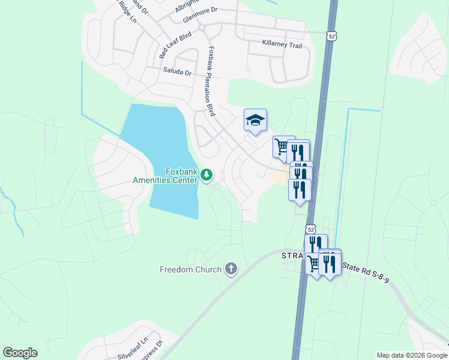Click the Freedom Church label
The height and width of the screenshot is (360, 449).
tap(191, 269)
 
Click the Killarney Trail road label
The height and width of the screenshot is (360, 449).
tap(282, 44)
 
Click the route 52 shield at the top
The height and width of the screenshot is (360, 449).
tap(331, 36)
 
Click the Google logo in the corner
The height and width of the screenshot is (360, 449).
tap(20, 353)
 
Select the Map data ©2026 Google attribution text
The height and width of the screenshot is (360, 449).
tap(411, 355)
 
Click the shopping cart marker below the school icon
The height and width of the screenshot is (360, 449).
tap(282, 146)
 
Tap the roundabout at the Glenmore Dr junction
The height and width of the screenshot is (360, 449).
tap(202, 28)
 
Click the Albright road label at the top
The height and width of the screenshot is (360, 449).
tap(182, 6)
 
